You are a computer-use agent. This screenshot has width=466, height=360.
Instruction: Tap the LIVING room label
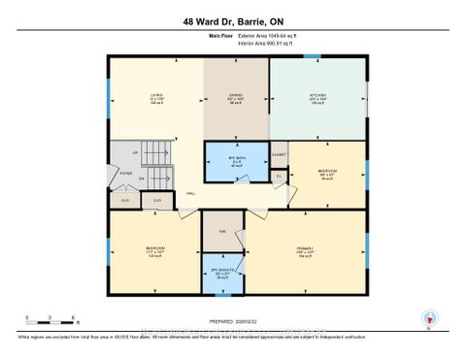154,97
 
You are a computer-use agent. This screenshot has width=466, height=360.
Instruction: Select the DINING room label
231,97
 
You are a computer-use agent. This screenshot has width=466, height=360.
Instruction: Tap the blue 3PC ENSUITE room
221,275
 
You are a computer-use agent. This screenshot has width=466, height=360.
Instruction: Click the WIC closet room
222,232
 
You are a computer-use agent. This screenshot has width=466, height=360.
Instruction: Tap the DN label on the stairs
142,179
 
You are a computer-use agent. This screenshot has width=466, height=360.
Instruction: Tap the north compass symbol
429,317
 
